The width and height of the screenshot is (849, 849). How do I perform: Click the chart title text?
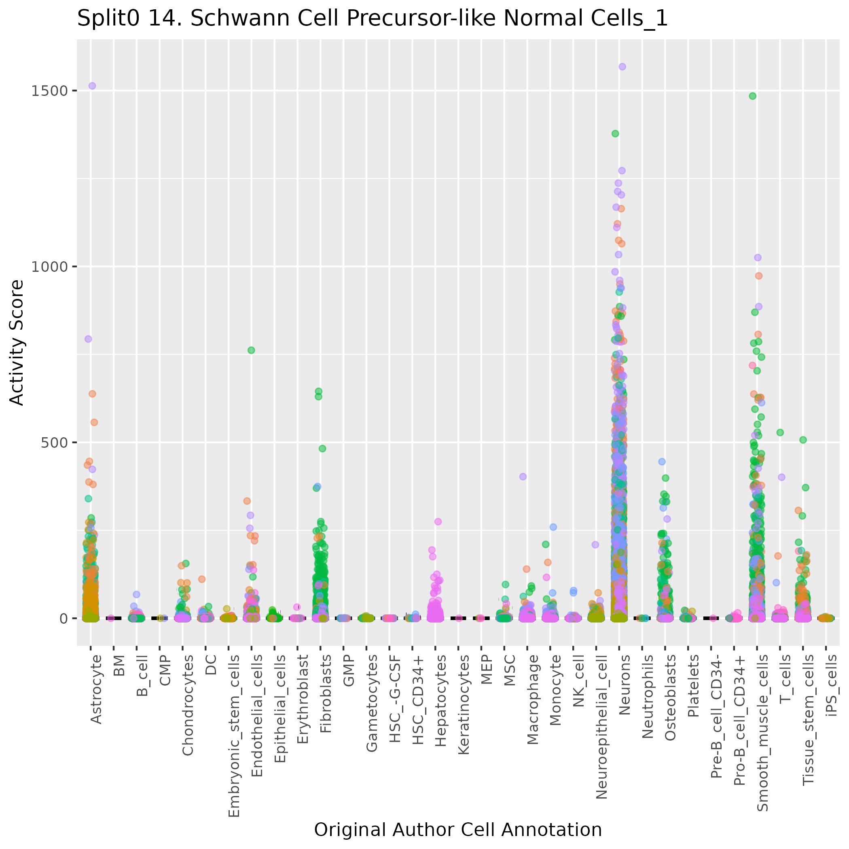pos(372,19)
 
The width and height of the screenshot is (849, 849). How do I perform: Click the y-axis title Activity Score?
pos(17,342)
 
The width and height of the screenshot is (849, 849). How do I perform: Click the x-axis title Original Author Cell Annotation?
pos(457,830)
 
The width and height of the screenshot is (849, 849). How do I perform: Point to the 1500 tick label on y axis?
pos(49,91)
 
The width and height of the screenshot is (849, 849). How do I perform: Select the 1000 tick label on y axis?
pos(49,267)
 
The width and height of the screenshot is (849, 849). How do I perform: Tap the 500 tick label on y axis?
pos(54,442)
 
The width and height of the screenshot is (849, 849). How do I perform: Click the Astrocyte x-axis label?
pos(96,689)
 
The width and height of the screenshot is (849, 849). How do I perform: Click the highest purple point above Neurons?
pos(622,67)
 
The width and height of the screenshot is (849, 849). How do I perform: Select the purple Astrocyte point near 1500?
pos(92,86)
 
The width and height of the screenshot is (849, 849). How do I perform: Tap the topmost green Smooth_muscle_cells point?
pos(752,96)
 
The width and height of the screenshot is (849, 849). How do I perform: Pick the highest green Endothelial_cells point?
pos(251,350)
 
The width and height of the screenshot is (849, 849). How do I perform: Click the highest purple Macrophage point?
pos(523,477)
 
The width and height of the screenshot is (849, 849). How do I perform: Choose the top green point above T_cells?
pos(781,432)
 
